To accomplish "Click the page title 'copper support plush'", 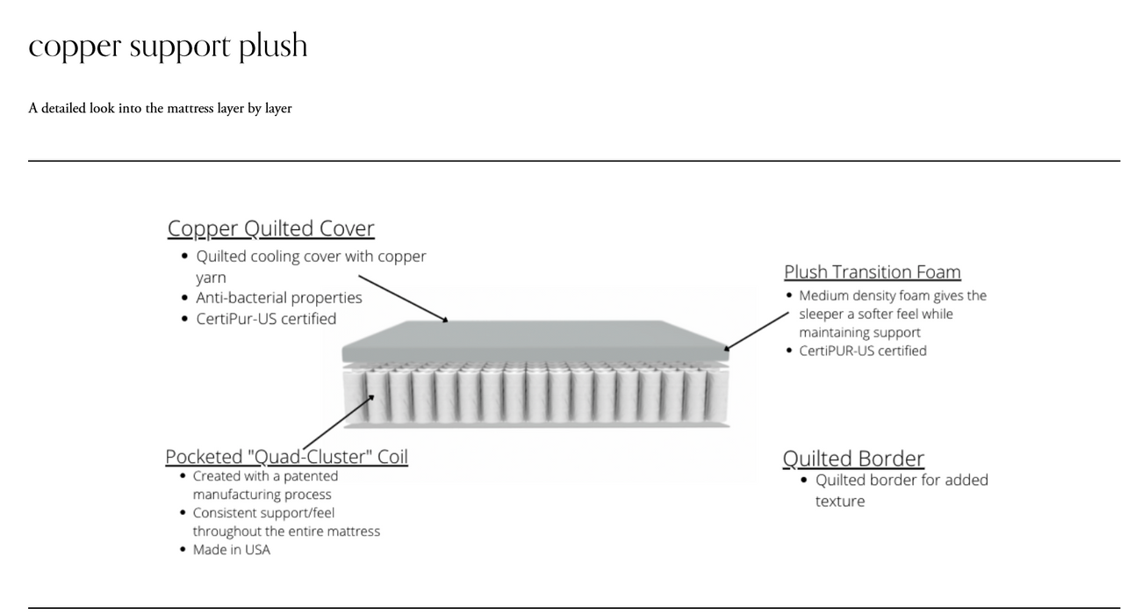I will (x=168, y=46).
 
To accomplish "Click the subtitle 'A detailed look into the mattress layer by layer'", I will (x=160, y=108).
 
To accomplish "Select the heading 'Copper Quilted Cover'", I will (x=270, y=228).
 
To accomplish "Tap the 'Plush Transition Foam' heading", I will (x=872, y=271).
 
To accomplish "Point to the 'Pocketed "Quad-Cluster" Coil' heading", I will (x=286, y=457).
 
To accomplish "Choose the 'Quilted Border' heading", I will (x=852, y=459).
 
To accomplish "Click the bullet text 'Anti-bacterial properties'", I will (x=278, y=298).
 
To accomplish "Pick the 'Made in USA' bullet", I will (x=232, y=550).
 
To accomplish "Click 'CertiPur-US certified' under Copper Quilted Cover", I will (x=266, y=318).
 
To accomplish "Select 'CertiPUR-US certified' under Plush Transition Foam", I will (x=862, y=351).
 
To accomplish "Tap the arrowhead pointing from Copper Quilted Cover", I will (x=445, y=321).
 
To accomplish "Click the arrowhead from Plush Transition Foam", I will (x=729, y=348).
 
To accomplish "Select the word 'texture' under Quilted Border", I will (x=840, y=501).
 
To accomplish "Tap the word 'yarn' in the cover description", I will (x=211, y=277).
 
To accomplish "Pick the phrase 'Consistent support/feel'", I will (x=263, y=512).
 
